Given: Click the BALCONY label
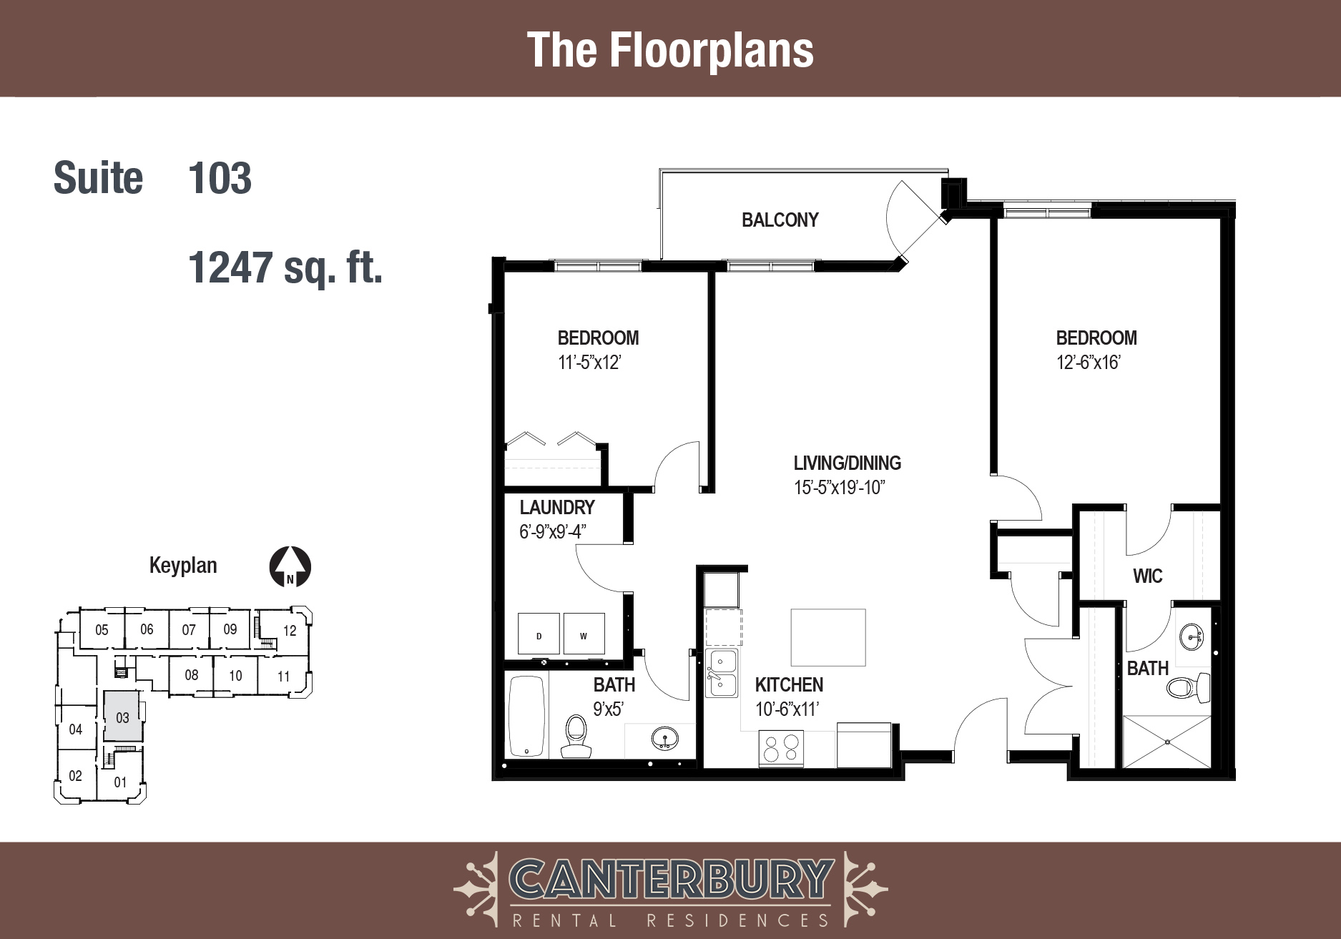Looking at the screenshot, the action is click(780, 220).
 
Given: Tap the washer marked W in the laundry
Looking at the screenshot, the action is click(584, 633).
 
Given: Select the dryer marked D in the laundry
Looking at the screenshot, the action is click(539, 633).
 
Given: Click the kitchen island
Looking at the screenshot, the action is click(828, 637).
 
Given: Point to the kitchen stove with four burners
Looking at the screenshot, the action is click(781, 749).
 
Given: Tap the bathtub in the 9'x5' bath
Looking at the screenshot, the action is click(526, 717).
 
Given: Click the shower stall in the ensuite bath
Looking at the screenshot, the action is click(1167, 742).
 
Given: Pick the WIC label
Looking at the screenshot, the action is click(1147, 576).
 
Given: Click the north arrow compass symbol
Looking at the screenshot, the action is click(290, 567).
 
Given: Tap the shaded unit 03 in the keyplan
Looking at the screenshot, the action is click(122, 716).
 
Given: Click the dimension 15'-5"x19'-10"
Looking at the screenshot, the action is click(840, 488).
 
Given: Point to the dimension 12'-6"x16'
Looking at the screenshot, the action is click(1088, 363).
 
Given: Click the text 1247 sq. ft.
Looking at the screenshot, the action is click(285, 267).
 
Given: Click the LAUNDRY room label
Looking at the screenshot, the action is click(557, 507).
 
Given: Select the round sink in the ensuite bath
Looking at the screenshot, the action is click(1191, 635).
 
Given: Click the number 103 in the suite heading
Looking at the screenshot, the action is click(220, 178).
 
